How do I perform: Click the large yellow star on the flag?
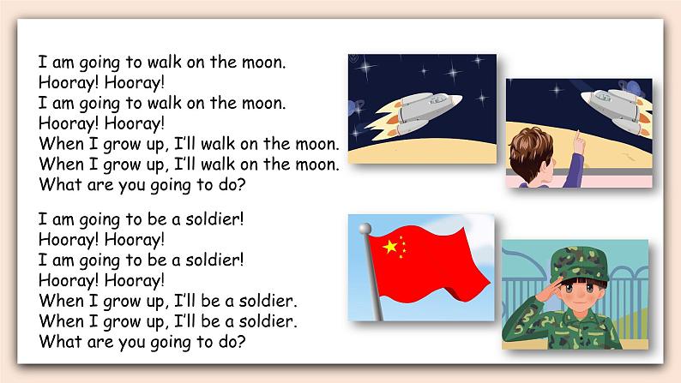coord(390,247)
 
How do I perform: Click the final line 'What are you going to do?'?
coord(142,341)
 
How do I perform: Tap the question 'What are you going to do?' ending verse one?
coord(142,182)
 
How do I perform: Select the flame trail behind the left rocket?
coord(386,120)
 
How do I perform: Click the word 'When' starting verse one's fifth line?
coord(59,142)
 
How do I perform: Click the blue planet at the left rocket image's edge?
coord(353,107)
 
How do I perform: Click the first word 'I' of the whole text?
coord(41,63)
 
